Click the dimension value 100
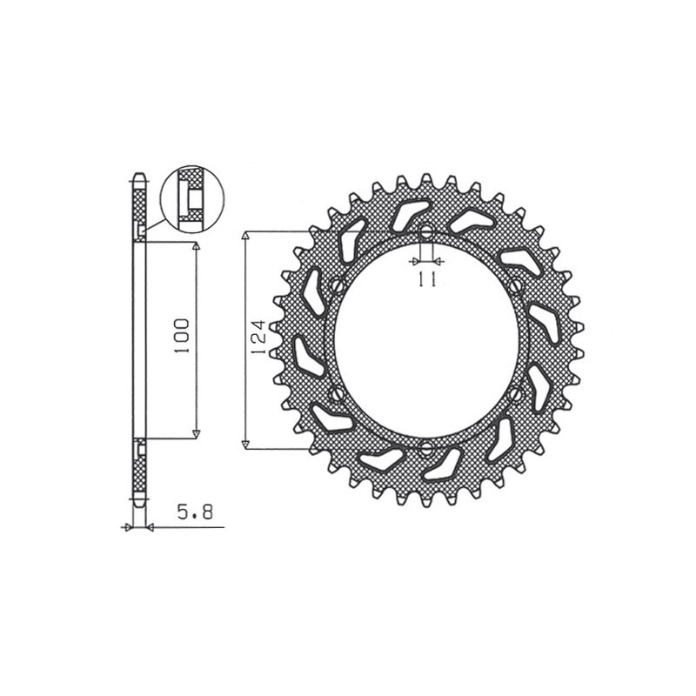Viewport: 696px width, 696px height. click(x=182, y=337)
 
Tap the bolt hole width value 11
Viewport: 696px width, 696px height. click(x=426, y=278)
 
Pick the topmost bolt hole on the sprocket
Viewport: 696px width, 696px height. click(x=426, y=232)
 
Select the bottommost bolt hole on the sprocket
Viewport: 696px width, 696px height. click(x=426, y=449)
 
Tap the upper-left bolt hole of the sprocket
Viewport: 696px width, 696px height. click(x=337, y=285)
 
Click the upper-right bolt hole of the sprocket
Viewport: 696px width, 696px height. click(x=517, y=285)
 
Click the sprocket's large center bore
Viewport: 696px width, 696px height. click(x=426, y=341)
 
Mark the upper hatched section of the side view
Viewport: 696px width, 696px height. click(x=137, y=202)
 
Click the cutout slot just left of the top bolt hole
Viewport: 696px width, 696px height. click(x=409, y=215)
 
